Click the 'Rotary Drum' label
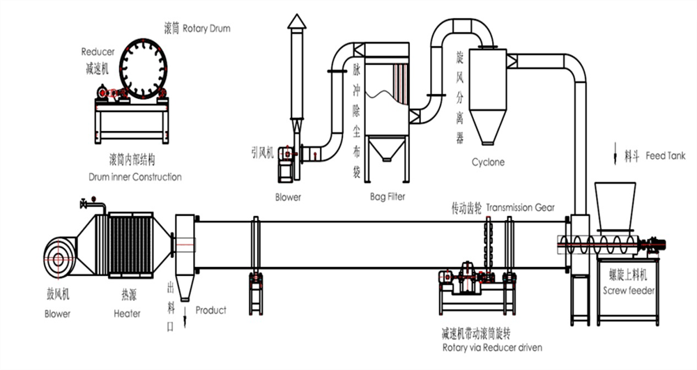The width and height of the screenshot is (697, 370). click(x=206, y=29)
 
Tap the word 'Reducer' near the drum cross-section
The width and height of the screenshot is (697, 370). click(x=98, y=52)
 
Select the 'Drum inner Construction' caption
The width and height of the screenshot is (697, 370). click(x=135, y=177)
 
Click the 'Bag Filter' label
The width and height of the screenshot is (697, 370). click(x=387, y=197)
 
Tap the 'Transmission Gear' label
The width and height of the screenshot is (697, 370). click(x=521, y=208)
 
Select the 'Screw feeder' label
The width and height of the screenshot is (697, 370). click(x=629, y=290)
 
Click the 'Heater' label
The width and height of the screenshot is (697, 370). click(x=127, y=314)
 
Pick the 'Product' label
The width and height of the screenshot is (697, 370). click(x=210, y=310)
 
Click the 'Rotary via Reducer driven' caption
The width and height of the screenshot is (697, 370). click(x=492, y=347)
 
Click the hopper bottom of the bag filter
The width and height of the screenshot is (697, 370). click(x=387, y=150)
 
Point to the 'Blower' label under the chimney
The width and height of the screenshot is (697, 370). click(x=288, y=197)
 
